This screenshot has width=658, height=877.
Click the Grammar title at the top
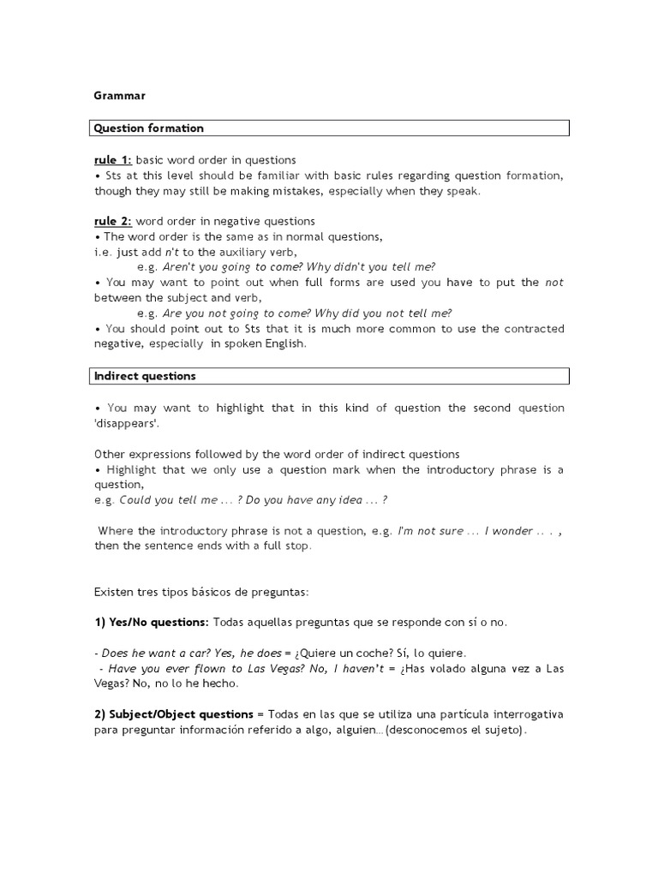[x=119, y=96]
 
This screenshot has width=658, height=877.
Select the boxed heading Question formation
[x=149, y=128]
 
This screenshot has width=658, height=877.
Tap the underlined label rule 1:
[x=113, y=160]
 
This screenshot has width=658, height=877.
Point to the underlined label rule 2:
[x=113, y=222]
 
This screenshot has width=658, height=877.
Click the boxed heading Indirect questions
[x=145, y=376]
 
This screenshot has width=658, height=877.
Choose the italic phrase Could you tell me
[x=169, y=500]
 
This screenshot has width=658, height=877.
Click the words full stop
[x=282, y=546]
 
